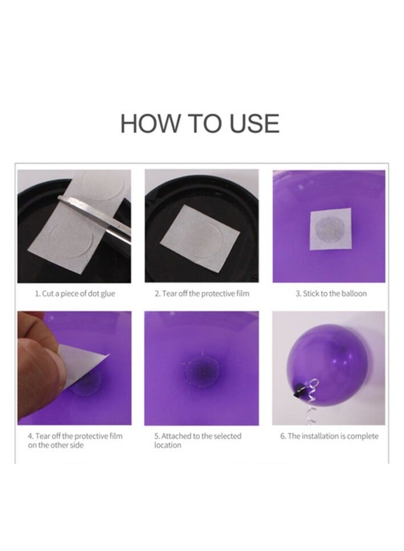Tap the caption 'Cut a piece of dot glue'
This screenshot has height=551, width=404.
click(78, 293)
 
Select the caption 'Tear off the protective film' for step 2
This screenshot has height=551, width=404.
click(205, 293)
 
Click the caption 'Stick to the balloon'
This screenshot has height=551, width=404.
click(335, 293)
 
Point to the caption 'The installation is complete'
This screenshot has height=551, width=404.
click(333, 436)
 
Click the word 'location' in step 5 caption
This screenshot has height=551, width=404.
click(168, 445)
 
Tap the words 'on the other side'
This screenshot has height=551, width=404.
click(55, 445)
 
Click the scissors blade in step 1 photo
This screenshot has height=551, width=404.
click(95, 217)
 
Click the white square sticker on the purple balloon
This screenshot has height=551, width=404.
click(330, 229)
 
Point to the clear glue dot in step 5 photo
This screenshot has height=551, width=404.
click(202, 372)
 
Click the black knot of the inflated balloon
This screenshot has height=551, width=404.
click(299, 391)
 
